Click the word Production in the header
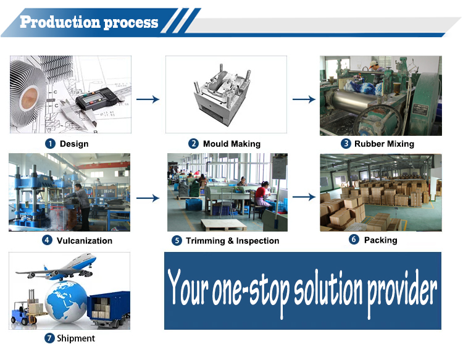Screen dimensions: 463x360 click(60, 22)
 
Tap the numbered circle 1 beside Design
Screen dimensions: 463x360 click(50, 144)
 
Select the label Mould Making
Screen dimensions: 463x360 click(231, 144)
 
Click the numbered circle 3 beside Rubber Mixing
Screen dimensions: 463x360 click(346, 143)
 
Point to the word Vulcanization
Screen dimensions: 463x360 click(85, 241)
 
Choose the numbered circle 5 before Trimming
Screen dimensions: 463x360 click(177, 240)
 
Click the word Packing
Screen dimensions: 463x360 click(381, 240)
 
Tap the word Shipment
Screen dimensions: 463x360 click(76, 338)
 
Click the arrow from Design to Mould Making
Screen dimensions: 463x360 click(148, 99)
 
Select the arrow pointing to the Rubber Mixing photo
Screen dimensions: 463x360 click(304, 99)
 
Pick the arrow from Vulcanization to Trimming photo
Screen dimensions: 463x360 click(148, 198)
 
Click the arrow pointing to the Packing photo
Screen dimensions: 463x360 click(304, 197)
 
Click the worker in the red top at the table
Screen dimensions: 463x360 click(262, 196)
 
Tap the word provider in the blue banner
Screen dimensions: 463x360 click(402, 291)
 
